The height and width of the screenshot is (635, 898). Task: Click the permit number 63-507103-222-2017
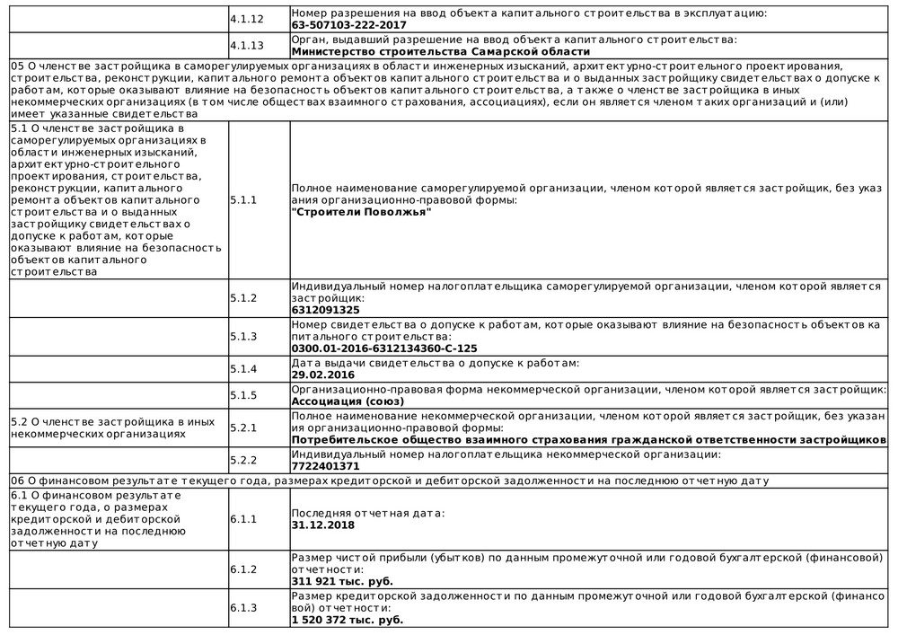(x=348, y=26)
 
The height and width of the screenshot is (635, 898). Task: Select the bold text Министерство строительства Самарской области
(x=441, y=52)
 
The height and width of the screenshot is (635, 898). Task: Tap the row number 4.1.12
(x=247, y=19)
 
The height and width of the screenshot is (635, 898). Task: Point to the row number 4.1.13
(x=247, y=46)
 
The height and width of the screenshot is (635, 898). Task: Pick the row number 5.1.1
(x=243, y=200)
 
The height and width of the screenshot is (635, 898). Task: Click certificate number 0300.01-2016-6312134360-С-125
(x=384, y=348)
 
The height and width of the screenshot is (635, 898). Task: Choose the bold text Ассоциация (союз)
(x=348, y=401)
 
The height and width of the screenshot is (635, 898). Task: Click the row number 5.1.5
(x=243, y=395)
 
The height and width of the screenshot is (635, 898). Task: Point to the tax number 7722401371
(x=325, y=467)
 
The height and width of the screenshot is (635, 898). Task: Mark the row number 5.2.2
(x=243, y=461)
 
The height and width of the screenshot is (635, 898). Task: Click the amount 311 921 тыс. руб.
(x=342, y=582)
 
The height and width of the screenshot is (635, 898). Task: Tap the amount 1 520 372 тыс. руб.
(x=348, y=620)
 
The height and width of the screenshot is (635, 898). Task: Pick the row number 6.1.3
(x=243, y=608)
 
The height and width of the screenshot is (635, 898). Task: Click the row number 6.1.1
(x=243, y=519)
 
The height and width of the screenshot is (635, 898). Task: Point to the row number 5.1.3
(x=243, y=336)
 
